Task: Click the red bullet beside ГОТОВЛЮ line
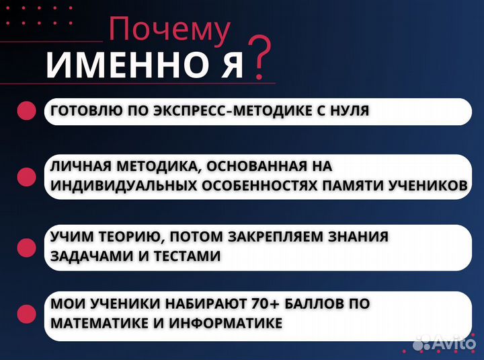(x=26, y=111)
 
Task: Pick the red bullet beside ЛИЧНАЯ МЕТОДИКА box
(x=26, y=176)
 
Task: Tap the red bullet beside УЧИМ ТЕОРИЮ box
(x=26, y=247)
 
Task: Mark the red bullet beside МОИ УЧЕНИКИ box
(x=26, y=314)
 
